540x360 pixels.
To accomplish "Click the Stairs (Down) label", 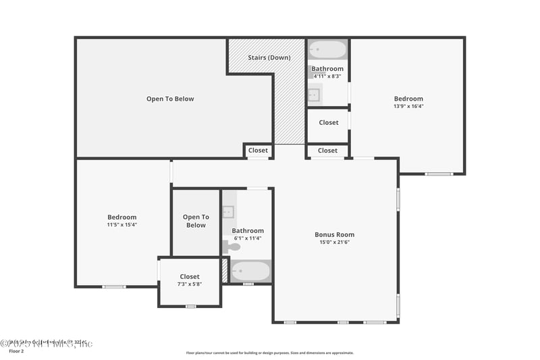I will (x=269, y=57).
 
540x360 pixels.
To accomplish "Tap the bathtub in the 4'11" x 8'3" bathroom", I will (x=327, y=50).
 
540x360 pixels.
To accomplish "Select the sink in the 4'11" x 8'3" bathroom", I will (x=315, y=95).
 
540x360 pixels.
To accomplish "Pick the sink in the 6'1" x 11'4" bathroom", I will (x=228, y=212).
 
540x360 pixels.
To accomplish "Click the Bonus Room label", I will (x=334, y=234).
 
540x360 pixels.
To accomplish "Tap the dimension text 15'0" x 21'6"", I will (x=334, y=242).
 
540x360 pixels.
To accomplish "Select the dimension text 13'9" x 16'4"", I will (x=408, y=106).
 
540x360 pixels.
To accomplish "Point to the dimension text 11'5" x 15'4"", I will (x=122, y=224).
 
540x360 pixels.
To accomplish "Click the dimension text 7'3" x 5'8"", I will (x=190, y=284).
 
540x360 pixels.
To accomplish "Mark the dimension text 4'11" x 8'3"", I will (x=327, y=76).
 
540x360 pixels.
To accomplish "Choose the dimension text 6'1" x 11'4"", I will (x=248, y=238).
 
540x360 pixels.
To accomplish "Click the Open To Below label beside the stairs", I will (x=170, y=99).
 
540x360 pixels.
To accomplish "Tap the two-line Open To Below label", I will (x=196, y=221).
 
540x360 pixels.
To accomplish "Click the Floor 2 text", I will (x=16, y=351).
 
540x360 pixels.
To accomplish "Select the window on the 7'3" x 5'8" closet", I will (x=190, y=307).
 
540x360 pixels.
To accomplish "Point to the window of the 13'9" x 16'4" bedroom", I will (x=439, y=174).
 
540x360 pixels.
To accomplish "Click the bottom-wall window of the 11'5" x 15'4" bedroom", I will (x=113, y=286).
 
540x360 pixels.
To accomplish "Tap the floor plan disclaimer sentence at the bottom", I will (x=269, y=353).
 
